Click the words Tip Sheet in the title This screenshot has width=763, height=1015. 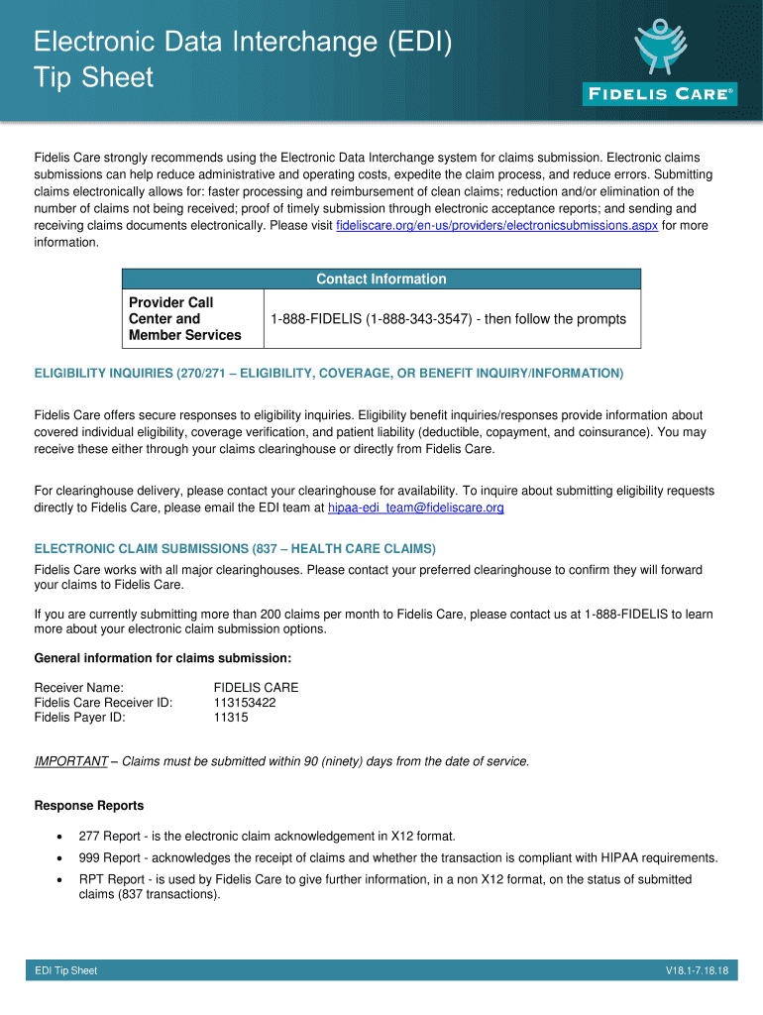94,77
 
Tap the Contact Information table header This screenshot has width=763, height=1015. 381,280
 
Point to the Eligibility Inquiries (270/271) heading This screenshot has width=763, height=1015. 329,373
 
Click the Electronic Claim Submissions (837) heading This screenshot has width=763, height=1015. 235,548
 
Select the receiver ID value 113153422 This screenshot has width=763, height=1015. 245,703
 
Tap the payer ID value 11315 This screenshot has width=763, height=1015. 231,718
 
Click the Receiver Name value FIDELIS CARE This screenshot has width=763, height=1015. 256,688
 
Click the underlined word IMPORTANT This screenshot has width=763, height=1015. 70,761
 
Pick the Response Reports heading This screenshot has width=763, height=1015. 89,805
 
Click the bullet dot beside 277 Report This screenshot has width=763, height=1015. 60,837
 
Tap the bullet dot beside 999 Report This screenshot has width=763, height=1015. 60,858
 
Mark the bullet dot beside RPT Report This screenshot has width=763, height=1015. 60,880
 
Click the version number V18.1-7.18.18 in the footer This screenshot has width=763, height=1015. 697,971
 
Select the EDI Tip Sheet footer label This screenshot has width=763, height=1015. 65,971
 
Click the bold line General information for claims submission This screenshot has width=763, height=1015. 163,658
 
